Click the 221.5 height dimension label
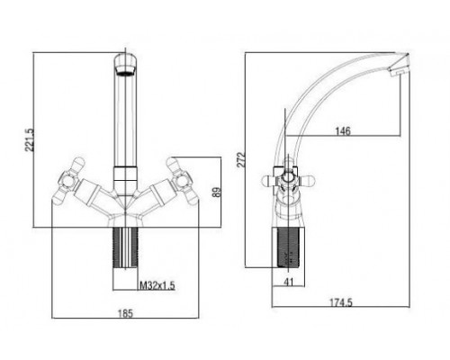(30, 139)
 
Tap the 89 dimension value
(216, 192)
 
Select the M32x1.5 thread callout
(157, 285)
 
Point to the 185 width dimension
(125, 313)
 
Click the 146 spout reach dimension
(343, 131)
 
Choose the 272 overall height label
(241, 159)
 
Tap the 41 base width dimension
(288, 282)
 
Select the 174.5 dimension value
(341, 302)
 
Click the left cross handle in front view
(68, 181)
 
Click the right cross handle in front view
(183, 181)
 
